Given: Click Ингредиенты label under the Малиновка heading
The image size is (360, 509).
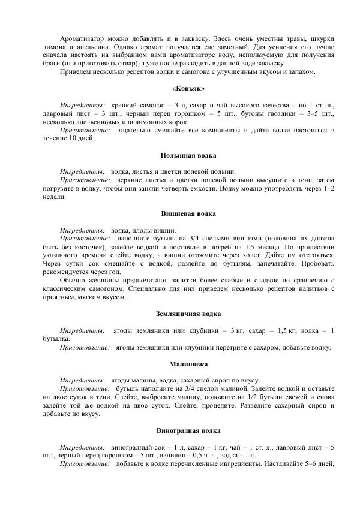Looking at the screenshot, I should (83, 380).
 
